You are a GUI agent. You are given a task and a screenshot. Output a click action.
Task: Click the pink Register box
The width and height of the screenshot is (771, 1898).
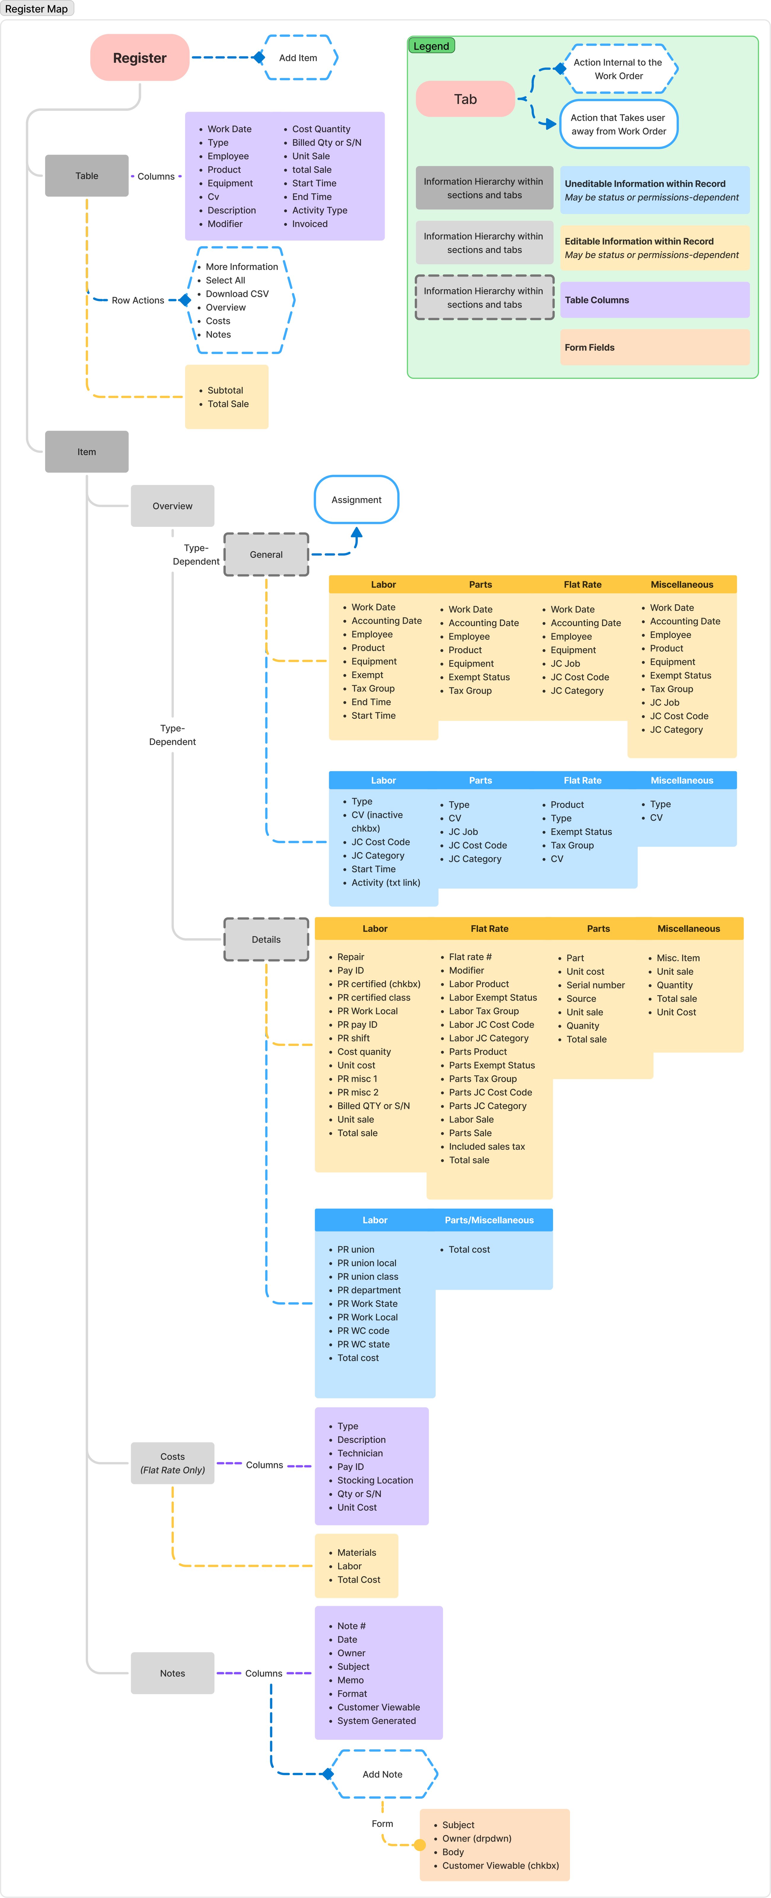coord(140,58)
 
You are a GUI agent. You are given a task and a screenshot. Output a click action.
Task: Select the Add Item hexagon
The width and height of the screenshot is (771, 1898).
coord(298,58)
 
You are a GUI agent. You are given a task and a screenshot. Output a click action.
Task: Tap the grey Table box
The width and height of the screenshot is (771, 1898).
coord(87,175)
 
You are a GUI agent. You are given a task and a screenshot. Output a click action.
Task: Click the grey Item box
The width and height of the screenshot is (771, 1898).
coord(87,452)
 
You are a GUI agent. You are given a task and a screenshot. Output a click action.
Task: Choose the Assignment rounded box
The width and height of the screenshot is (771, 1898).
coord(356,500)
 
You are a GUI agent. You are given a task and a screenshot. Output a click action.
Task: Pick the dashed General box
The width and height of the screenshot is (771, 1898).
coord(266,554)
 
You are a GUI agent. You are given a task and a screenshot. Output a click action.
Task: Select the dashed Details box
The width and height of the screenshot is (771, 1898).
coord(266,940)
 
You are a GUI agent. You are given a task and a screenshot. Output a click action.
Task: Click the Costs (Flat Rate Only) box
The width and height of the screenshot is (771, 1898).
coord(172,1463)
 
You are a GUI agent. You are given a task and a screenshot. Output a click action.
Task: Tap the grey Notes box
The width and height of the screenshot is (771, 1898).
coord(172,1673)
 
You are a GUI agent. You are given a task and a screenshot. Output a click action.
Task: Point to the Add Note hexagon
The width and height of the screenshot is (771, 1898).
coord(382,1774)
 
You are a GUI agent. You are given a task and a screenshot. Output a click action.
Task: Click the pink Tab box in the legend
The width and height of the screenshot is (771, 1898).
coord(465,99)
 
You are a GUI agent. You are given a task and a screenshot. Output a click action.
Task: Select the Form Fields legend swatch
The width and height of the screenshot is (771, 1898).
coord(655,347)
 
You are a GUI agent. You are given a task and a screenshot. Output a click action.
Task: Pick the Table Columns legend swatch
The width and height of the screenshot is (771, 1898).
coord(655,300)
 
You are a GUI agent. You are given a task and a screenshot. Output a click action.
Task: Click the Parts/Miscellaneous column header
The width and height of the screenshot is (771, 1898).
coord(489,1220)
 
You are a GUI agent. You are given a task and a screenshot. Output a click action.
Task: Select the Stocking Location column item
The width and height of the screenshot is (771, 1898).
coord(375,1480)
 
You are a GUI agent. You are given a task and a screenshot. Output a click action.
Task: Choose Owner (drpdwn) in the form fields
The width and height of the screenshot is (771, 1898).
coord(477,1838)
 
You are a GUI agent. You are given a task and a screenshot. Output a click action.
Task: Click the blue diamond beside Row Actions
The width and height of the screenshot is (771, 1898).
coord(185,300)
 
